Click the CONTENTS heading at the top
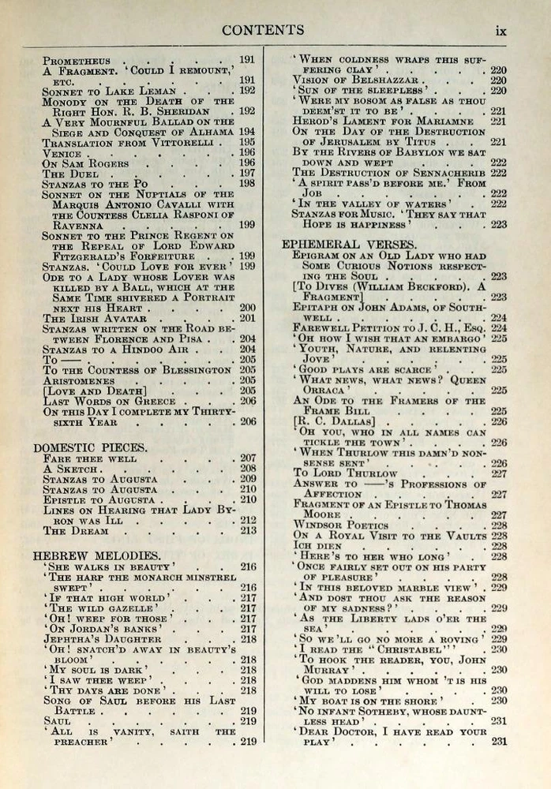[263, 30]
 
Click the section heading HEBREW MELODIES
[85, 555]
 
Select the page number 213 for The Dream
[248, 531]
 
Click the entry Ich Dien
[317, 546]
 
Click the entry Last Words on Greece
[108, 401]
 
